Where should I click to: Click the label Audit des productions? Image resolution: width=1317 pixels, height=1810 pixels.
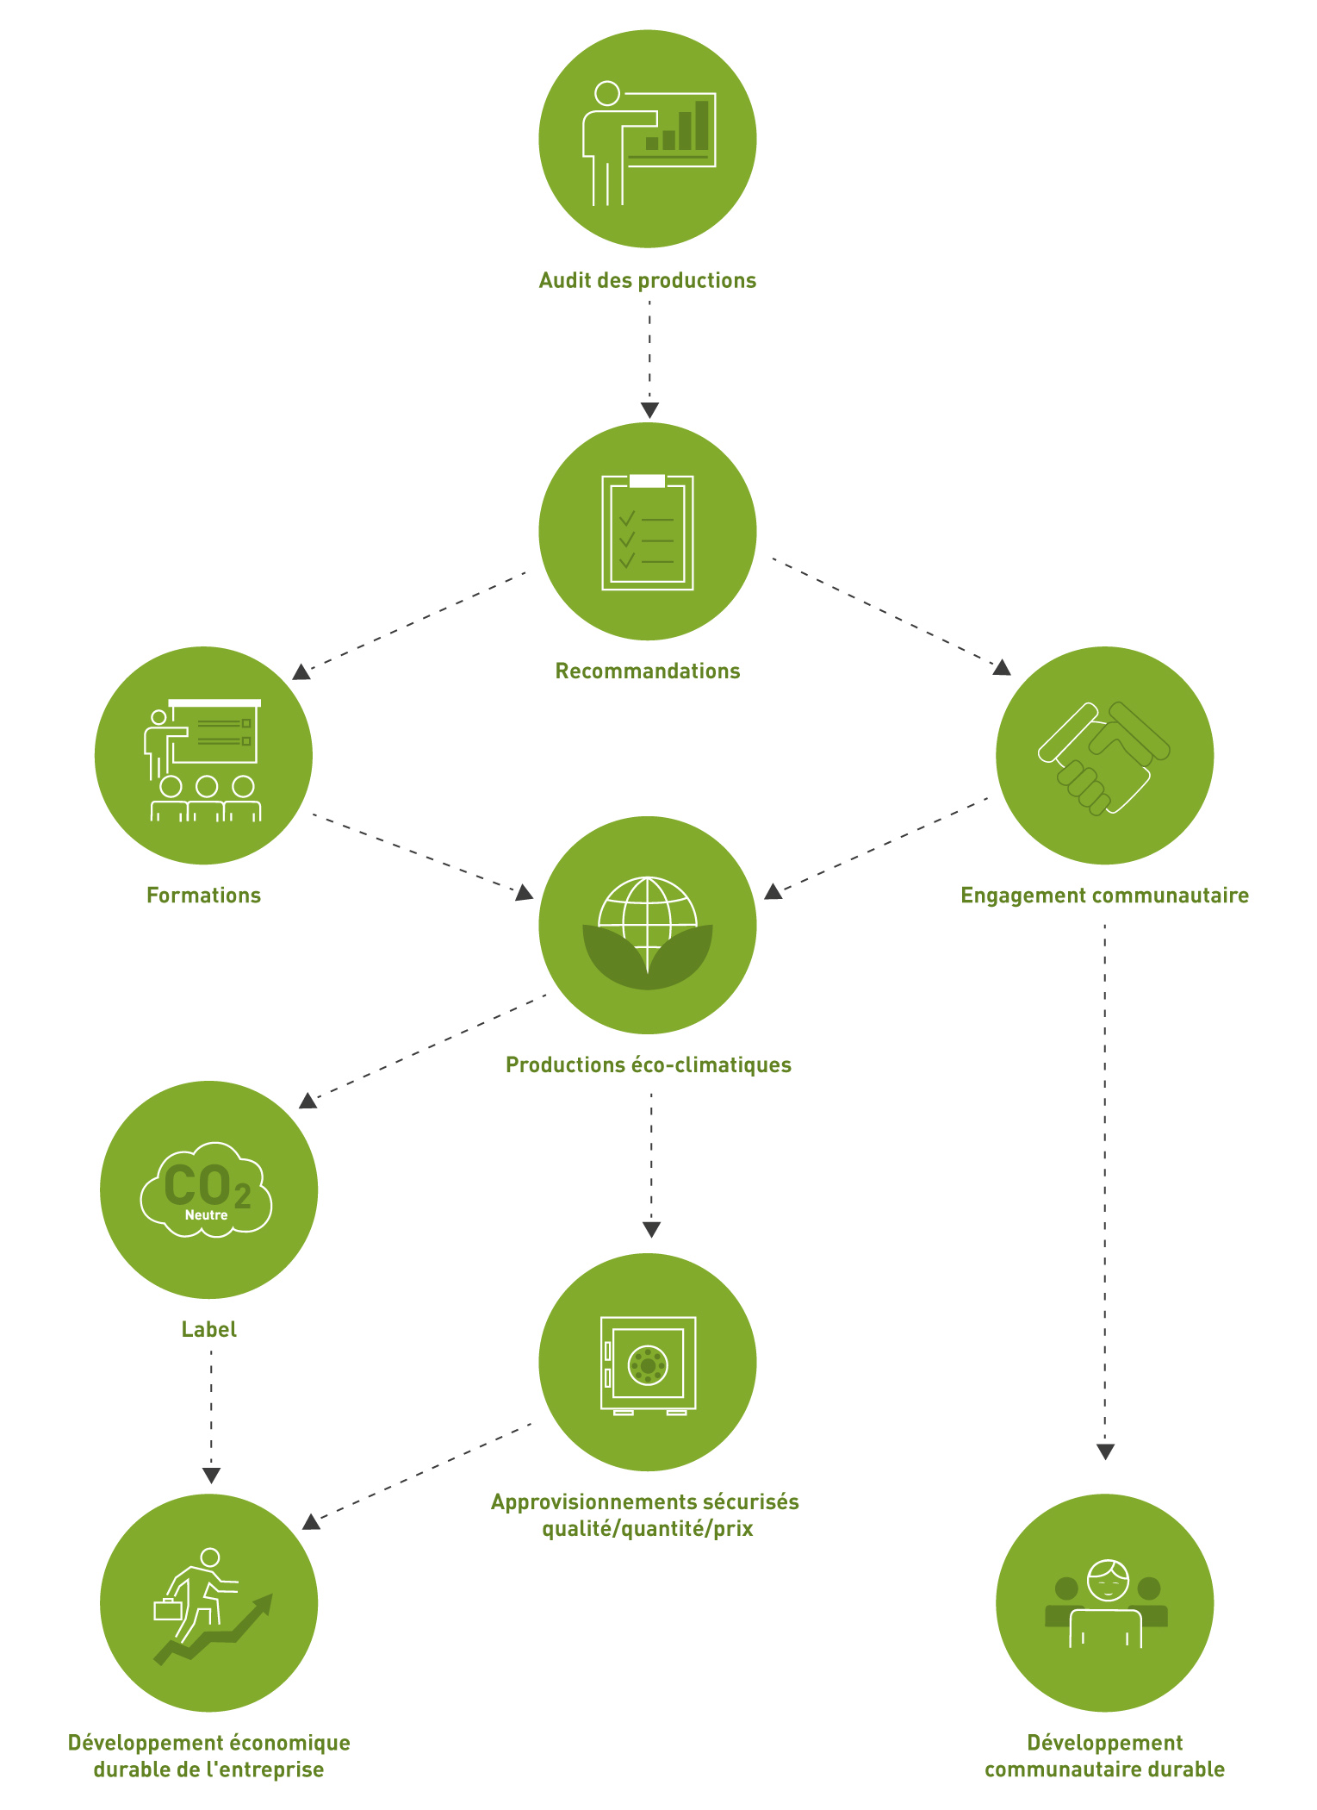pos(648,280)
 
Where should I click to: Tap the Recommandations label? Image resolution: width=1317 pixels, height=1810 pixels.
pos(648,671)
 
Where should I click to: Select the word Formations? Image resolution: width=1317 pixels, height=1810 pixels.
pos(203,895)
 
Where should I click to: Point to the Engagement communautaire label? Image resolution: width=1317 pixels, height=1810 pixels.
pos(1104,896)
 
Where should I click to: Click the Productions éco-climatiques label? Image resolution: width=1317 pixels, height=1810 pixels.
pos(649,1064)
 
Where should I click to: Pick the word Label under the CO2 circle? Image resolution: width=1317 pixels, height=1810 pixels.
pos(209,1329)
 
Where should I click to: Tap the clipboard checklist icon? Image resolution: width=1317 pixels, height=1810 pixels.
pos(648,532)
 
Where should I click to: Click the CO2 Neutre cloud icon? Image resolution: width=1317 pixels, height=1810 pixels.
pos(207,1190)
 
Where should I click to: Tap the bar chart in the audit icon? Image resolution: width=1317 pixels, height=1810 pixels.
pos(677,126)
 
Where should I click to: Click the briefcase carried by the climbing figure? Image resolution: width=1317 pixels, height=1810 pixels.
pos(167,1609)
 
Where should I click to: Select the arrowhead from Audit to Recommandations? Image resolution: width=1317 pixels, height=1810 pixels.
pos(649,410)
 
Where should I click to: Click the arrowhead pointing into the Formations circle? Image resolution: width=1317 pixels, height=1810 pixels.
pos(301,671)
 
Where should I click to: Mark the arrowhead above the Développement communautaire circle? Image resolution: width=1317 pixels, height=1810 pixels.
pos(1105,1452)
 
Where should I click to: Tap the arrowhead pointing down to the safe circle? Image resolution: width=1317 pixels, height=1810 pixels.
pos(651,1230)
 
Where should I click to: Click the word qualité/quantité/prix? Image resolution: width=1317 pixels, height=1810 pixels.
pos(647,1529)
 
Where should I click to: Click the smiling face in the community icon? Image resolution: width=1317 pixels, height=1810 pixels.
pos(1107,1580)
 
